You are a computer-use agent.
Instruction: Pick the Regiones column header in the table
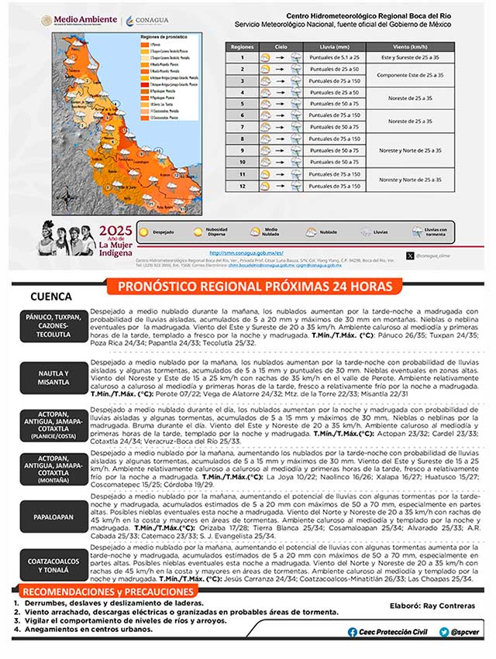[x=242, y=46]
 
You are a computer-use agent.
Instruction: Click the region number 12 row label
[x=242, y=186]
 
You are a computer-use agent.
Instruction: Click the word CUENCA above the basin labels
[x=51, y=297]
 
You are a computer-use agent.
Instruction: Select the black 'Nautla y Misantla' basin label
[x=53, y=377]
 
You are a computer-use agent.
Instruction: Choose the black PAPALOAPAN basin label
[x=53, y=513]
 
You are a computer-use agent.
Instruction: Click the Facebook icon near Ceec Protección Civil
[x=353, y=631]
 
